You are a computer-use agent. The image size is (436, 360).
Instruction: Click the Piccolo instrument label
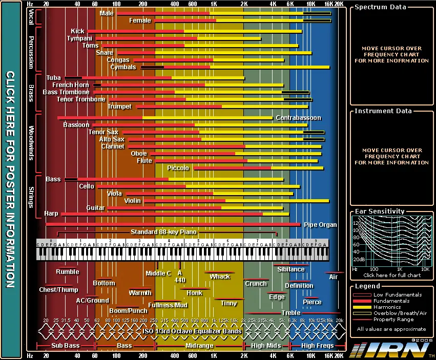point(178,168)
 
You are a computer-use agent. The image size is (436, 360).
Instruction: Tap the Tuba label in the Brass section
point(53,78)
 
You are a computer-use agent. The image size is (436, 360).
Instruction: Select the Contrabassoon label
point(298,118)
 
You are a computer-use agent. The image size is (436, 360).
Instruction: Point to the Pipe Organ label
point(320,224)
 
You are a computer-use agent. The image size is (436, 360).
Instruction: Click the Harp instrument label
point(51,214)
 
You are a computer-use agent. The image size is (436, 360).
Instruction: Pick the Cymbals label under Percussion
point(123,67)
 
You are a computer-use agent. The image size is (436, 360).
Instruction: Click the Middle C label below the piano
point(158,273)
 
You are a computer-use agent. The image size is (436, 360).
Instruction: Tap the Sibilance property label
point(290,269)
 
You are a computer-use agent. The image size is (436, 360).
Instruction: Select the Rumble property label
point(68,272)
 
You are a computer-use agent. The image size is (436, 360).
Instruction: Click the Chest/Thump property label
point(58,290)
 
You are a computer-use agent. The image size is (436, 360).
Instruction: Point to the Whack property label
point(220,277)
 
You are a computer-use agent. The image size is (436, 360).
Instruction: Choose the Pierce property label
point(312,302)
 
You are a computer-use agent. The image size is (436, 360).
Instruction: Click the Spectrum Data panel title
point(380,7)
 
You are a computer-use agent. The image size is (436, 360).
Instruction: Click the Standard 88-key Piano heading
point(163,232)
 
